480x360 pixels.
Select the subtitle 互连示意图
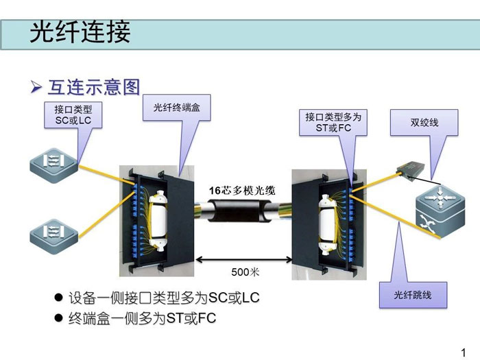coord(94,87)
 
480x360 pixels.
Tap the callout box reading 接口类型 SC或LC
coord(73,115)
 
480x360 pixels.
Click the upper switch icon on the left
coord(51,163)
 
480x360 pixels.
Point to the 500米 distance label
coord(245,272)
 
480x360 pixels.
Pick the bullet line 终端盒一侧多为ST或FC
coord(147,318)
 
